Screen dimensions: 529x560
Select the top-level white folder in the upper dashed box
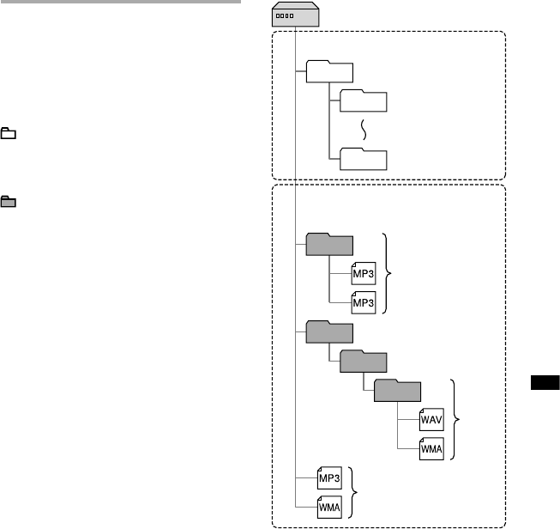[x=328, y=72]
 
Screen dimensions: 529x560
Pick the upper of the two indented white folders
[x=363, y=101]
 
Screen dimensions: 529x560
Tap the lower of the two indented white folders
[x=363, y=160]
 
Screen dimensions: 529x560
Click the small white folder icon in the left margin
[x=9, y=134]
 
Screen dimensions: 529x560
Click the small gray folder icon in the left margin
[x=9, y=203]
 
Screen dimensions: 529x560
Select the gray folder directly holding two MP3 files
[x=328, y=245]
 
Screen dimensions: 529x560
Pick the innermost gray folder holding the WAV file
[x=397, y=392]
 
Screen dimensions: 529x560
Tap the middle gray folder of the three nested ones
[x=363, y=362]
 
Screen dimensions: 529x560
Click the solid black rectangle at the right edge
[x=545, y=383]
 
